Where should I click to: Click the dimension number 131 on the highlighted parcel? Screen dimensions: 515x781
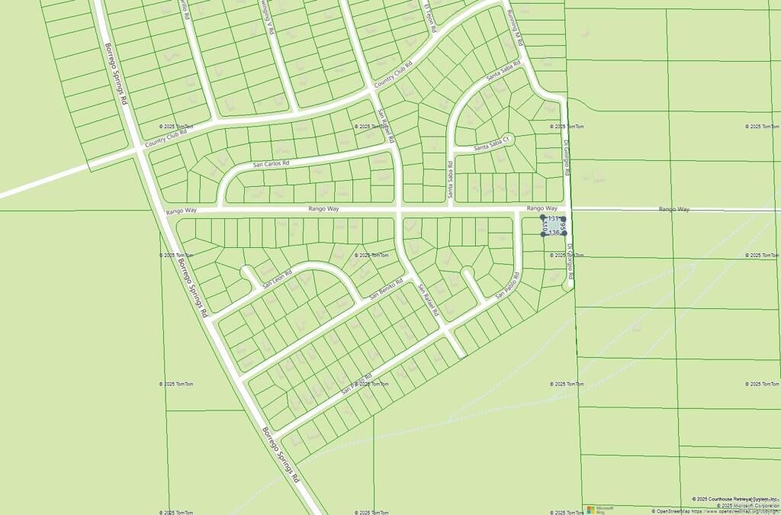click(x=554, y=219)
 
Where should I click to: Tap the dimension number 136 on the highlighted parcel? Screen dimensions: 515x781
click(x=554, y=232)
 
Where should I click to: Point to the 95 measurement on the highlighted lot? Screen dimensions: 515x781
click(x=562, y=227)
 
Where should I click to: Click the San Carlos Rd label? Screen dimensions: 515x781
click(x=272, y=163)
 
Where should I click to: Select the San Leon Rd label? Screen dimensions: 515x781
click(x=278, y=280)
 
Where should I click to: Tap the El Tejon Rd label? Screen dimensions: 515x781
click(x=430, y=17)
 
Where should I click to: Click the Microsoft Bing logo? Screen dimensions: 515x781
click(x=600, y=509)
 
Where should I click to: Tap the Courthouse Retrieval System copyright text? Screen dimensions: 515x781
click(x=735, y=499)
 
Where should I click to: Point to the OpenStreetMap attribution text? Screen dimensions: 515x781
click(x=716, y=511)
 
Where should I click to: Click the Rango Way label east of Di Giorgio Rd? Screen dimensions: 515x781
click(x=674, y=208)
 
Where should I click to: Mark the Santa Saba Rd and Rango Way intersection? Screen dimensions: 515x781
click(x=450, y=208)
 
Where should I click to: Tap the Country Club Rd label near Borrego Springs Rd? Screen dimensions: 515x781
click(x=166, y=137)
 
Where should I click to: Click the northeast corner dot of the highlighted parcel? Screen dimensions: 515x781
click(x=564, y=217)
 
